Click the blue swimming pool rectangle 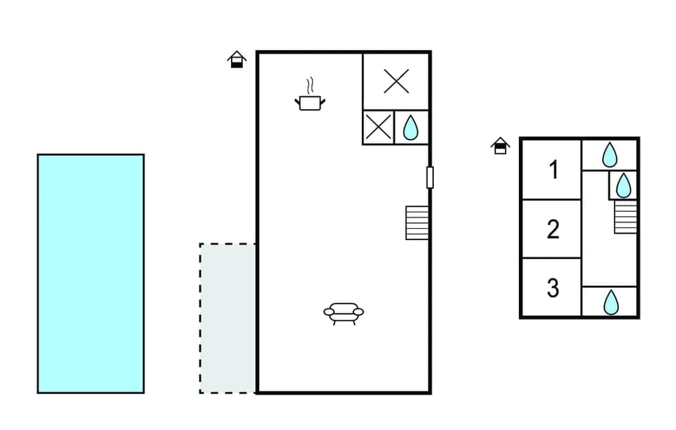(90, 273)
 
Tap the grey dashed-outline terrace (227, 317)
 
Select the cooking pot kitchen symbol (310, 103)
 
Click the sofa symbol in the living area (344, 312)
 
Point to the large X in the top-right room (396, 82)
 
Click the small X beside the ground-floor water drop (378, 127)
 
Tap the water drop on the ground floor (411, 127)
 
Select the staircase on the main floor (417, 222)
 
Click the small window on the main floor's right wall (430, 177)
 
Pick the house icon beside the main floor (237, 59)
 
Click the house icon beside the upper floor (500, 146)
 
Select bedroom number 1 (553, 170)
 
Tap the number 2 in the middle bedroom (553, 229)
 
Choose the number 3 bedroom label (553, 288)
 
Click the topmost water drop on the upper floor (610, 155)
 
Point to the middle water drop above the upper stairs (623, 186)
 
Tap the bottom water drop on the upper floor (611, 302)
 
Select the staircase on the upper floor (625, 217)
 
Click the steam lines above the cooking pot (309, 87)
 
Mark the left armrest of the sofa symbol (329, 311)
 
